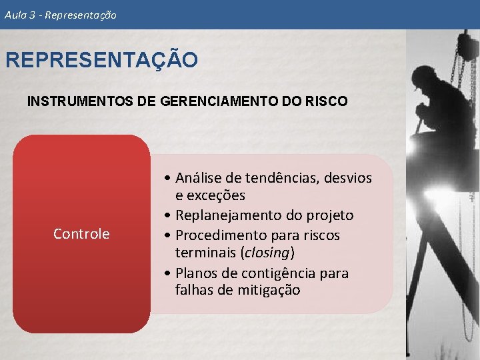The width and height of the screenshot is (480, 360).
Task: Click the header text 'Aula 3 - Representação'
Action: tap(60, 15)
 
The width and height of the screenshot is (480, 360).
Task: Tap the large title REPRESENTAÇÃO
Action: tap(101, 60)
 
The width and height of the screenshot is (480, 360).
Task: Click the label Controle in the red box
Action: tap(81, 234)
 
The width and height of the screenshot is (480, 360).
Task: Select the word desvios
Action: tap(348, 178)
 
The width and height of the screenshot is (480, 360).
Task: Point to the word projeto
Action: tap(329, 215)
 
